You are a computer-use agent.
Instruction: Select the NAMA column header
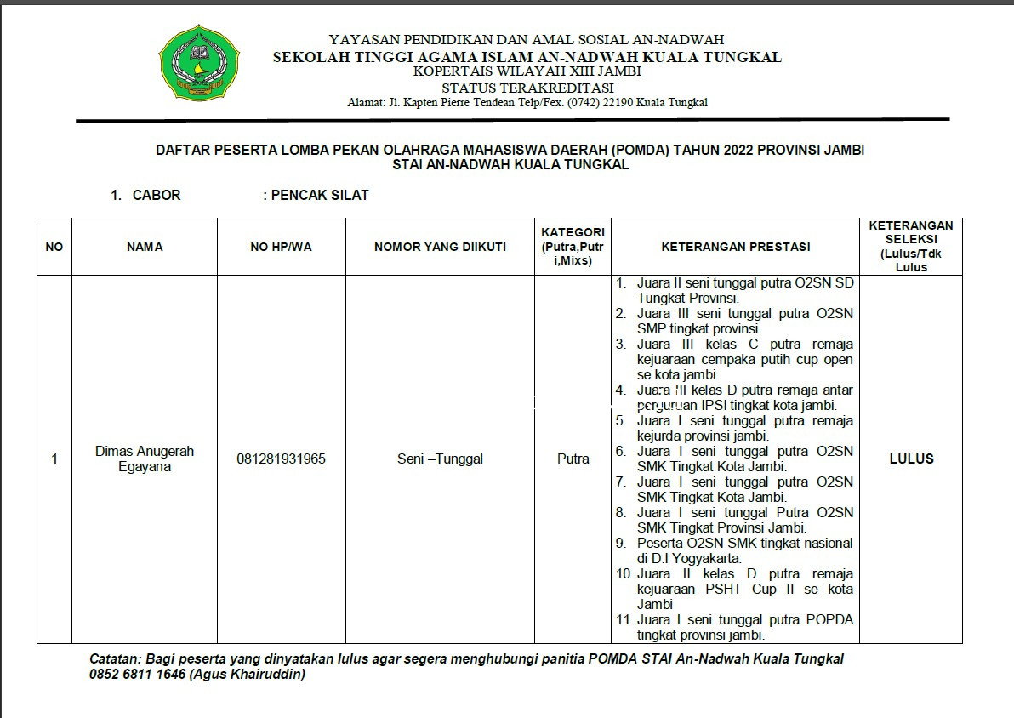[x=145, y=247]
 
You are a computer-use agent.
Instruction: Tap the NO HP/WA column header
[x=281, y=247]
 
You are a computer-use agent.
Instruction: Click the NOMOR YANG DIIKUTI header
[x=440, y=247]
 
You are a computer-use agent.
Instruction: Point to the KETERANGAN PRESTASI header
[x=735, y=247]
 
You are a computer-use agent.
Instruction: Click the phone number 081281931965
[x=281, y=459]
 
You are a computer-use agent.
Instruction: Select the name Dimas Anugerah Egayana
[x=145, y=459]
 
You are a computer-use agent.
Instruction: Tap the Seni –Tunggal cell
[x=440, y=459]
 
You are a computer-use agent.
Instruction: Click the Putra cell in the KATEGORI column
[x=573, y=459]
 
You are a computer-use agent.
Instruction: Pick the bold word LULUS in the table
[x=911, y=459]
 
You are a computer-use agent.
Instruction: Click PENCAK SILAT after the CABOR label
[x=320, y=195]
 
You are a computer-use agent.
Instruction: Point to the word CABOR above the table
[x=157, y=195]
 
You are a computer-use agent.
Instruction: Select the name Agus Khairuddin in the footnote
[x=247, y=675]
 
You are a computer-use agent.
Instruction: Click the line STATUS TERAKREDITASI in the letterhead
[x=527, y=88]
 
